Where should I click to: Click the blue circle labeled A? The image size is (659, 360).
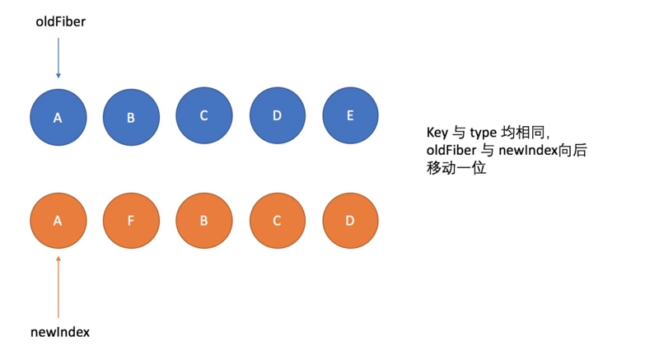(x=58, y=117)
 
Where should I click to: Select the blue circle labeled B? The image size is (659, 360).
(x=131, y=117)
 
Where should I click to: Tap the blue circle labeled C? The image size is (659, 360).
(x=203, y=115)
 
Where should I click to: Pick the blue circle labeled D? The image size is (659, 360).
(x=277, y=115)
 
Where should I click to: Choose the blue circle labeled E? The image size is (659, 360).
(x=350, y=115)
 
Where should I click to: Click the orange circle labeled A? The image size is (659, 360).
(x=58, y=222)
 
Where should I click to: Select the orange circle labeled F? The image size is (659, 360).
(x=131, y=222)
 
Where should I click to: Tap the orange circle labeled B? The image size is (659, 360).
(x=203, y=222)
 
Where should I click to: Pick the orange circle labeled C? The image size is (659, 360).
(x=277, y=222)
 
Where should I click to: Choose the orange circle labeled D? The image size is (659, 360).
(x=350, y=222)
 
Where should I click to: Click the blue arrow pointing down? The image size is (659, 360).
(x=58, y=58)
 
